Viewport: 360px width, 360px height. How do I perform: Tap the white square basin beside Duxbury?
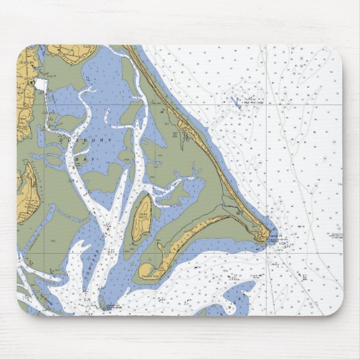click(40, 84)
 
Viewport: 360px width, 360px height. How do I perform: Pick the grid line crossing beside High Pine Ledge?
click(267, 103)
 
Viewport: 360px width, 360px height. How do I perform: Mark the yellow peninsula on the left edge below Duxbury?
click(25, 190)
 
